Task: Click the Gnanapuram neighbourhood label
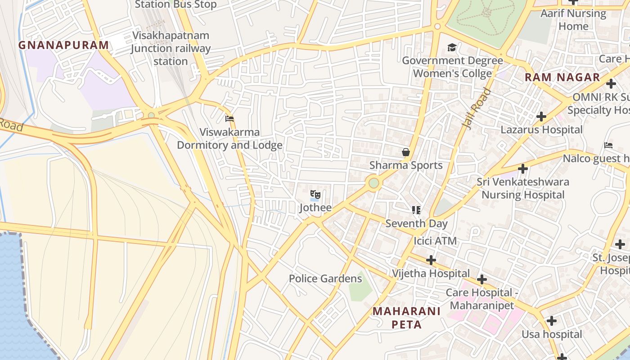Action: [x=63, y=45]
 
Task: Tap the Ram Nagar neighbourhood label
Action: [x=562, y=77]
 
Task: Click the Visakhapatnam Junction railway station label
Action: [x=171, y=48]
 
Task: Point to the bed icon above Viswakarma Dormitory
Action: [x=229, y=119]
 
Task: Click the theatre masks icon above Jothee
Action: [x=315, y=195]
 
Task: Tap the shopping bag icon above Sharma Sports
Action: [x=406, y=153]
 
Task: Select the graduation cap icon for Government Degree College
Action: [x=452, y=48]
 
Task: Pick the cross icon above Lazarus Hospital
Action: [x=541, y=117]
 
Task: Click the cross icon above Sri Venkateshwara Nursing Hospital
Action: [x=522, y=169]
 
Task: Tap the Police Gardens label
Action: [x=325, y=279]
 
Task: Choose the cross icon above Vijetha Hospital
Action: [x=431, y=260]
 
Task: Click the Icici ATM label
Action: [x=435, y=241]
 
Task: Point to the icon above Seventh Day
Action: [x=416, y=210]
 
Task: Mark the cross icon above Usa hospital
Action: [x=551, y=321]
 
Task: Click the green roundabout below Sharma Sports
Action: [x=373, y=183]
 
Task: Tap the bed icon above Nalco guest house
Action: [x=608, y=145]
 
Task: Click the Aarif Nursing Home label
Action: [x=573, y=20]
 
